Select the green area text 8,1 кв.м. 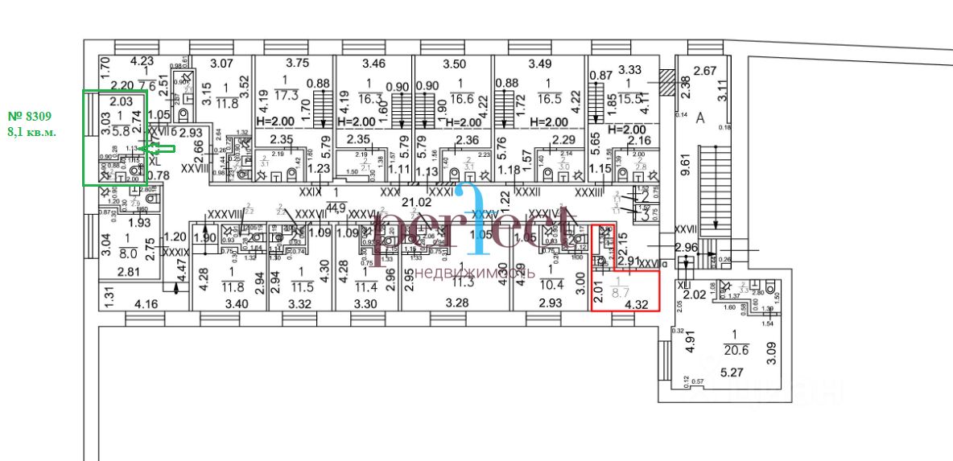(32, 131)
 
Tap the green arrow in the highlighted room (159, 147)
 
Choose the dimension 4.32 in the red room (637, 304)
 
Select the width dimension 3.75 (298, 64)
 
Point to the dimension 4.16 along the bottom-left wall (146, 304)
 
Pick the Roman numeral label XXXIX (175, 253)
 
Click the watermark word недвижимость (476, 272)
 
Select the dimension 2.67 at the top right (704, 71)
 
